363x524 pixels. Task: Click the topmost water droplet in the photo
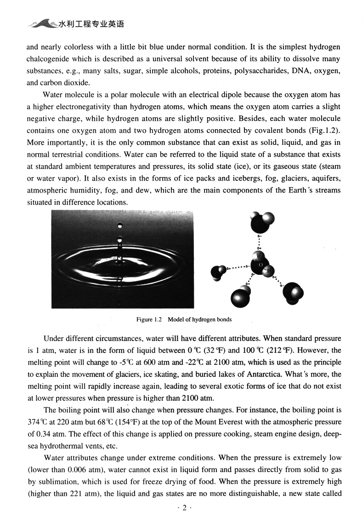120,225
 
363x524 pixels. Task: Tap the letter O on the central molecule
260,265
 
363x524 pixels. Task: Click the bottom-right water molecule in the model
293,293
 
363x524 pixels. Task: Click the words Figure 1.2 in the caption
147,319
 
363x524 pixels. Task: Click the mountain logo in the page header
42,23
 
